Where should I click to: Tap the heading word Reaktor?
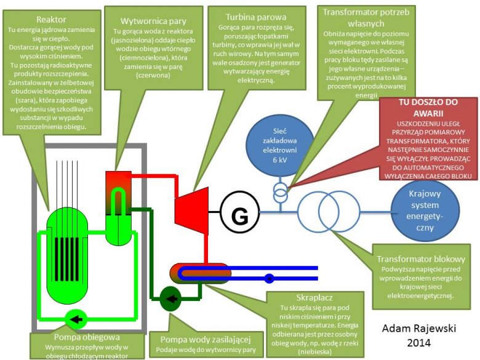(x=51, y=20)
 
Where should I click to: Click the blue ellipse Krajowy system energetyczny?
(x=425, y=210)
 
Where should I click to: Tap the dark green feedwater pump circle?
(x=171, y=300)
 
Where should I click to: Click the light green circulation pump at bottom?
(x=78, y=319)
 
